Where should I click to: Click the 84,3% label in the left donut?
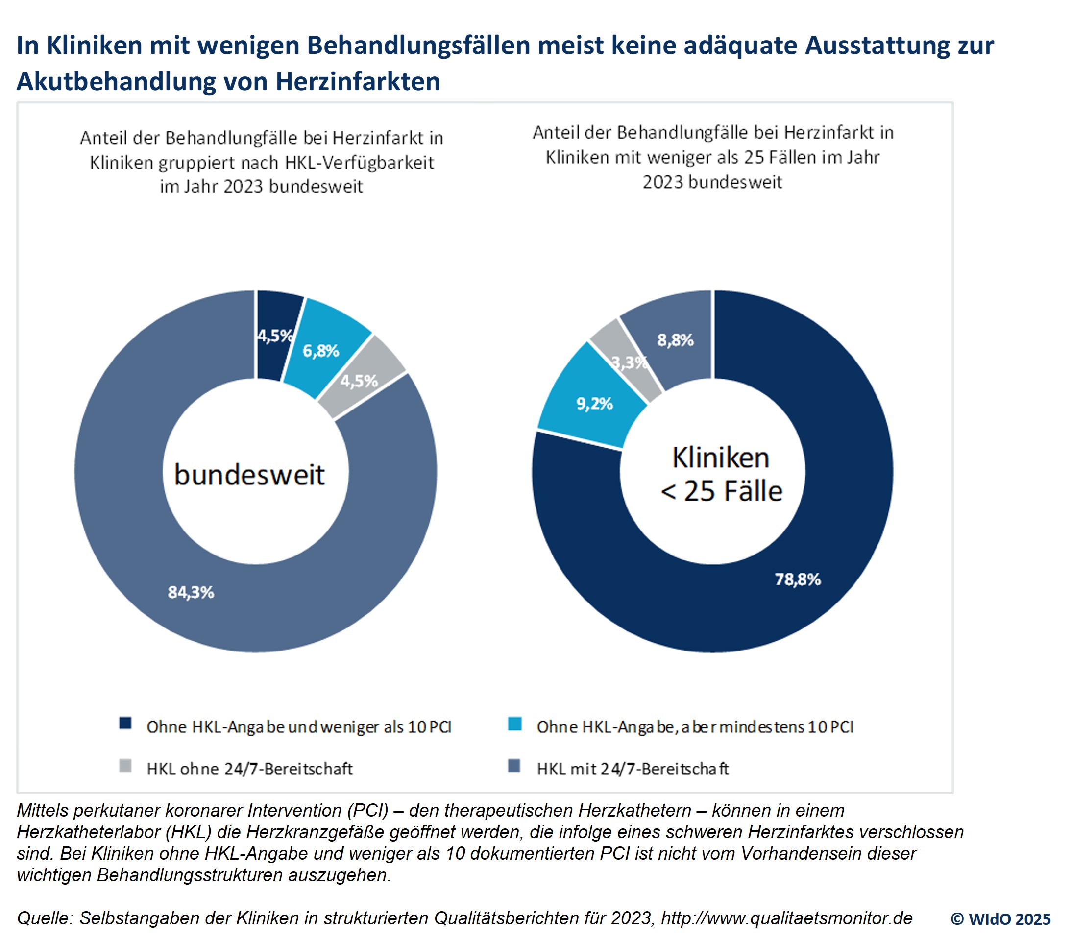191,592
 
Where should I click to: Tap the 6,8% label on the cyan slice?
321,351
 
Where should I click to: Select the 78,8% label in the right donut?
798,579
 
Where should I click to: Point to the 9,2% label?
595,404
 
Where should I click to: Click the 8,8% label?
676,340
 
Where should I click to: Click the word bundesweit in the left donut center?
250,475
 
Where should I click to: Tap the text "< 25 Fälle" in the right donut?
721,492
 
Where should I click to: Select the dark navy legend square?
125,724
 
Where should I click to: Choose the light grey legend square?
125,767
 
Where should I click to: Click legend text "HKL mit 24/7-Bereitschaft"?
633,769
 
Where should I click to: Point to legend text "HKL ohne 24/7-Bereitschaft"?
250,769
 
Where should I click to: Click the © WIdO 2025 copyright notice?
1000,919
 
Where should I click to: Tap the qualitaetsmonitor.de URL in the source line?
787,918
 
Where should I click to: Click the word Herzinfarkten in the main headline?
358,82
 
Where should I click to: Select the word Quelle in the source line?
45,918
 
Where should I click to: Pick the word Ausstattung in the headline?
877,46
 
